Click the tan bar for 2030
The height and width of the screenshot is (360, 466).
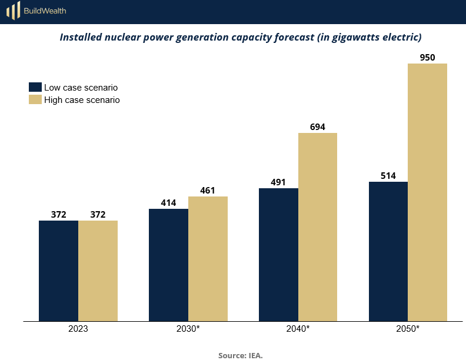(208, 259)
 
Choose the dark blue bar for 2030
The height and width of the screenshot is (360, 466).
(168, 265)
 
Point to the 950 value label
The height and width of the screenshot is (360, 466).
(428, 57)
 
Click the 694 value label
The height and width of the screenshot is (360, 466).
(318, 126)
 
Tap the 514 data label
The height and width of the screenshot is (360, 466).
(388, 175)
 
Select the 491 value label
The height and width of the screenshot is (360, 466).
(278, 182)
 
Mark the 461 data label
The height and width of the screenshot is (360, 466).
(208, 190)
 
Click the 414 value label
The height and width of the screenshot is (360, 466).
(168, 202)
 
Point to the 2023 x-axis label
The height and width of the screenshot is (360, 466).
(78, 329)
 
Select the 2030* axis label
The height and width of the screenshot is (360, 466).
(188, 329)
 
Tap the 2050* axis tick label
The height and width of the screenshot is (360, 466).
(408, 329)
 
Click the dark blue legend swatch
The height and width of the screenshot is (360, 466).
(35, 87)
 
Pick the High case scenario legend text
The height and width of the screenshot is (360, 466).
(82, 100)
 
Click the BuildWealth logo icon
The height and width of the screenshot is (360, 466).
(13, 11)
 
